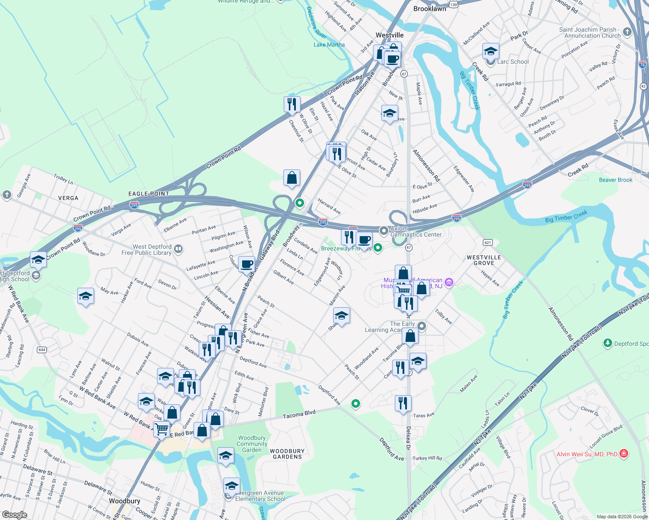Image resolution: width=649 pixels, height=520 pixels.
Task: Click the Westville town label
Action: (390, 35)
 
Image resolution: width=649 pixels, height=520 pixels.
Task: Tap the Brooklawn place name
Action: (429, 9)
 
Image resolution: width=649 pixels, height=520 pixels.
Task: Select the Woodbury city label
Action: (125, 501)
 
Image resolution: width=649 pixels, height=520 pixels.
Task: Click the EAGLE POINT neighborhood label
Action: (149, 194)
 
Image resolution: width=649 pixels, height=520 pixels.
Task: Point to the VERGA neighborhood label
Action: (68, 198)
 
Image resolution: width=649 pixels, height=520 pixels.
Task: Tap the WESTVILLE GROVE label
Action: (484, 260)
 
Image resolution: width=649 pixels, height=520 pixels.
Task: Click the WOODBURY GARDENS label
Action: (287, 454)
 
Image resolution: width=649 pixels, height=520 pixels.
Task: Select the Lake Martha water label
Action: (329, 45)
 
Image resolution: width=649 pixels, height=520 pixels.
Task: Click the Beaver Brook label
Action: (616, 180)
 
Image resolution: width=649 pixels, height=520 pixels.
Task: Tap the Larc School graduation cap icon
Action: (491, 52)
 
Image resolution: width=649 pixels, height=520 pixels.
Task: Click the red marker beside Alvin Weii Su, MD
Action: (624, 454)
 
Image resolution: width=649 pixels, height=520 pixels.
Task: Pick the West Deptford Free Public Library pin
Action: (178, 249)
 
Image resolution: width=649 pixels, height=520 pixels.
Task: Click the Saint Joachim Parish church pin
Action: (627, 32)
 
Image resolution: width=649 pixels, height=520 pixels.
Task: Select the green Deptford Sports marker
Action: (607, 343)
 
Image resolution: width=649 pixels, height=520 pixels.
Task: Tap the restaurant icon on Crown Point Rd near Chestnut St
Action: (292, 104)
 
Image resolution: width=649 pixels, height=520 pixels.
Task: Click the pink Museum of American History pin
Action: (449, 283)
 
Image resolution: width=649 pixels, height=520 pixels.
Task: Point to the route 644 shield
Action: (42, 350)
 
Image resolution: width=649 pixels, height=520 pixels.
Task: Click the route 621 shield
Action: (488, 242)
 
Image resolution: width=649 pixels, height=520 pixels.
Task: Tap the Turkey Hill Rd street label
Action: (427, 458)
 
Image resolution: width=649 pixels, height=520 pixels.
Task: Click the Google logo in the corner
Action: (14, 515)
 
